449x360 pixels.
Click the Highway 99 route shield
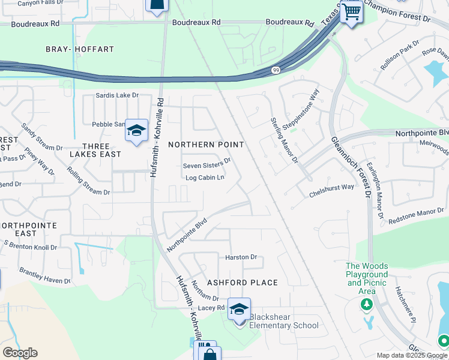coord(274,70)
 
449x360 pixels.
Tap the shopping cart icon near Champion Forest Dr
coord(351,11)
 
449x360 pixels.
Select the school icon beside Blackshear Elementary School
coord(239,310)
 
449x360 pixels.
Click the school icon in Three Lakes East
coord(136,130)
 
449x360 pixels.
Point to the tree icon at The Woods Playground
coord(366,305)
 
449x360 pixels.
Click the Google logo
coord(20,353)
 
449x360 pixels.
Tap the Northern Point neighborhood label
coord(206,145)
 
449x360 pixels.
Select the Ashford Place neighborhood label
coord(243,283)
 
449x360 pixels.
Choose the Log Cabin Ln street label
coord(205,178)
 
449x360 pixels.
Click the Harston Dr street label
coord(241,257)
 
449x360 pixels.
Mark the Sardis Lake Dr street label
coord(118,95)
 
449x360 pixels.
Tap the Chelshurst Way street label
coord(331,191)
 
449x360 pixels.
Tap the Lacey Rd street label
coord(211,308)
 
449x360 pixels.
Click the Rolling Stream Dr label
coord(89,185)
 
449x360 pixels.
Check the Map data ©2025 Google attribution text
coord(412,355)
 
